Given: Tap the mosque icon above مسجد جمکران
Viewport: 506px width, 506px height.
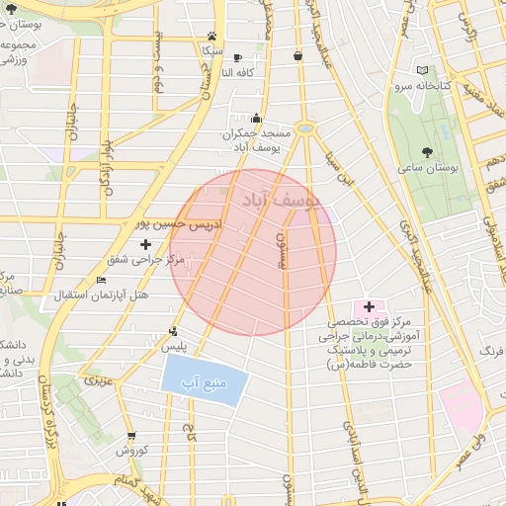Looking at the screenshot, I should [257, 119].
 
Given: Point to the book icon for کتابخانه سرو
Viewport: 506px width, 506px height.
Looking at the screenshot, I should [423, 70].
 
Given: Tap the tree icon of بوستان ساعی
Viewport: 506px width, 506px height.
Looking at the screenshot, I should [427, 152].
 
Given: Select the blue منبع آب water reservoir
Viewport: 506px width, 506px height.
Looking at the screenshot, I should [202, 380].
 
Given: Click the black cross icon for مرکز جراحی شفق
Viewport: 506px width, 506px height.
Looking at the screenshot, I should [146, 243].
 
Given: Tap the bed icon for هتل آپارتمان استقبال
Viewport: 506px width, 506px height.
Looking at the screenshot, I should [101, 281].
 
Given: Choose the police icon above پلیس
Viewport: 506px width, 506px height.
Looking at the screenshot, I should [174, 332].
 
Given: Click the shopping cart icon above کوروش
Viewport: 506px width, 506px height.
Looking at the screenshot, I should [131, 435].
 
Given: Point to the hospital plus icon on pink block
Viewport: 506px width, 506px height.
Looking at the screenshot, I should [370, 307].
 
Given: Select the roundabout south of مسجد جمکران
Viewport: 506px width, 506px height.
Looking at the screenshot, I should [305, 127].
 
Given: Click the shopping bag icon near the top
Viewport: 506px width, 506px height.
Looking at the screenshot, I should [297, 56].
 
